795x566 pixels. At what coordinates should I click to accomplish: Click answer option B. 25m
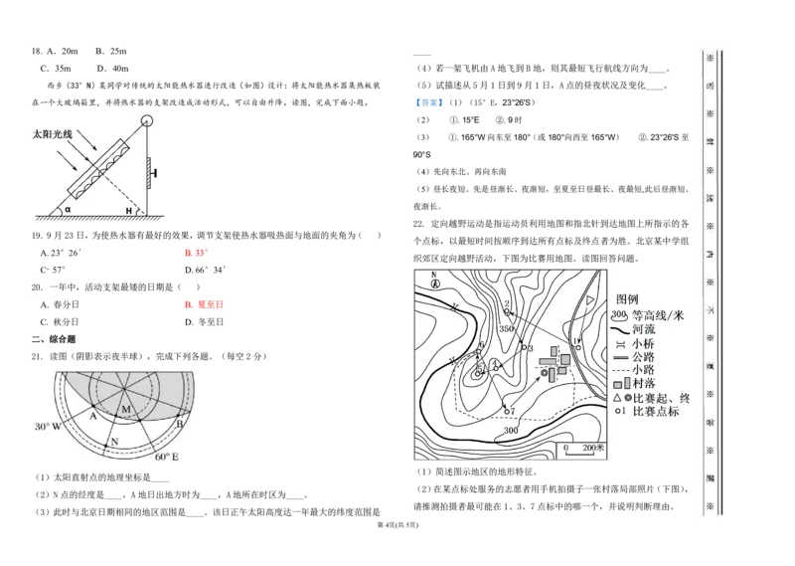click(x=111, y=51)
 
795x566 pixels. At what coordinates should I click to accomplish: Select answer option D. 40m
click(x=113, y=69)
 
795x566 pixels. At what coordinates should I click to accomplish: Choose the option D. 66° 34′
click(x=206, y=270)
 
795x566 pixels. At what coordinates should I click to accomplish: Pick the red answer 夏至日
click(x=205, y=304)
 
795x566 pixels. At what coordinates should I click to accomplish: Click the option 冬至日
click(x=205, y=322)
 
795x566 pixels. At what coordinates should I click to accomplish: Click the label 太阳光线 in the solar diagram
click(x=55, y=133)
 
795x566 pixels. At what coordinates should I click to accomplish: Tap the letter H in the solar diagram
click(x=128, y=211)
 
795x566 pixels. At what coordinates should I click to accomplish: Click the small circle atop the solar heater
click(x=147, y=122)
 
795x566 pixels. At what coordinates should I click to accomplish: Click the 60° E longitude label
click(x=166, y=457)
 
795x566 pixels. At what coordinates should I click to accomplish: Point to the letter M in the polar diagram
click(x=126, y=409)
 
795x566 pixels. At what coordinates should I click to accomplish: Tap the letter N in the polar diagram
click(x=114, y=441)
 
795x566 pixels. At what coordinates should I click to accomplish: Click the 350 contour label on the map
click(x=506, y=328)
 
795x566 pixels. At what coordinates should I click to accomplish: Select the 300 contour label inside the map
click(x=511, y=431)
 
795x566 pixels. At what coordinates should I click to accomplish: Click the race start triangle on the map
click(x=589, y=299)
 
